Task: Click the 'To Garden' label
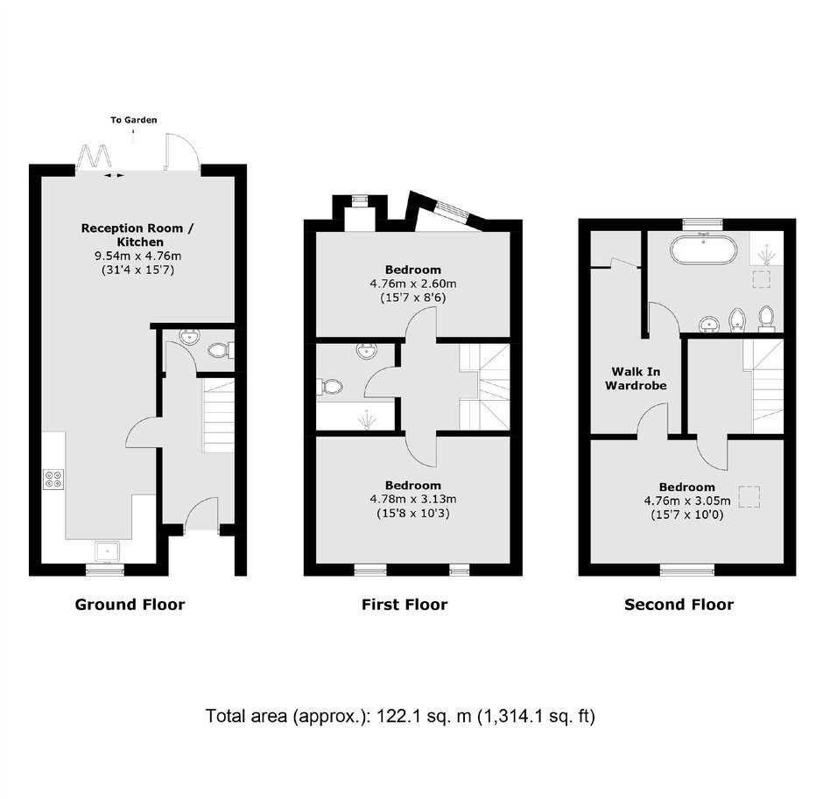133,120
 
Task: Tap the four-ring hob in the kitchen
53,479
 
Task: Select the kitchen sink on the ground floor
108,552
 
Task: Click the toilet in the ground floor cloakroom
219,349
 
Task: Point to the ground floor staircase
218,417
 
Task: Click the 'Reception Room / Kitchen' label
137,235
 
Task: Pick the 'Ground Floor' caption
130,605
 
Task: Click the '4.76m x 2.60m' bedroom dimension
413,284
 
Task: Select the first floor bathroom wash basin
366,350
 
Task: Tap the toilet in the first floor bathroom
329,387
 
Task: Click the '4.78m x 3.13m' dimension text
413,499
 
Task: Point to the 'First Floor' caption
404,605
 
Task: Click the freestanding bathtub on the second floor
704,249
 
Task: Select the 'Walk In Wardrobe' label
636,378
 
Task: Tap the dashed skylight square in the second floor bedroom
749,497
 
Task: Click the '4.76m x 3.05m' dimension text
687,501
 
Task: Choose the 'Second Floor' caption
679,605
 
